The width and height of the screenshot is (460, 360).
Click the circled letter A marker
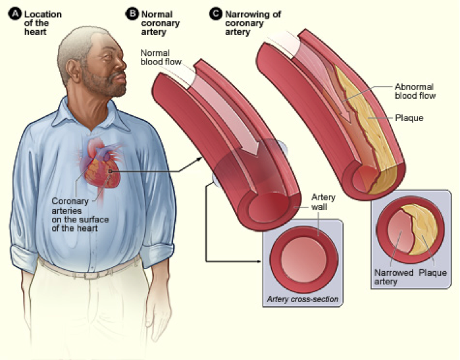click(x=15, y=14)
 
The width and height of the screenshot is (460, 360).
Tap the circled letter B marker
click(x=132, y=14)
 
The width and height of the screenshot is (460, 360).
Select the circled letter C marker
click(x=216, y=14)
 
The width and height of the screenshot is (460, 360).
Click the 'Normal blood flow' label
click(x=161, y=57)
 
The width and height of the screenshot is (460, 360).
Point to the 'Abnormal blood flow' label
click(x=415, y=91)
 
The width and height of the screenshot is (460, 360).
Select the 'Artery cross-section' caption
click(x=303, y=299)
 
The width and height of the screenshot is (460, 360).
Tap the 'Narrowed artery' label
click(x=394, y=277)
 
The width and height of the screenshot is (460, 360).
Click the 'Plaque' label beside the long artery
click(x=409, y=118)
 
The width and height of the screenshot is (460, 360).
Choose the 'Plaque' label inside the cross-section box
click(x=432, y=272)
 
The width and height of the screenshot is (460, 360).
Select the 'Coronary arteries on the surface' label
click(x=80, y=215)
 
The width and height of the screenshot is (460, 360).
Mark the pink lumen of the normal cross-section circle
click(x=303, y=260)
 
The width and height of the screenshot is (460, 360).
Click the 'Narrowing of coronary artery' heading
click(x=253, y=23)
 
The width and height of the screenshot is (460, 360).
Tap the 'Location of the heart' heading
click(x=43, y=23)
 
